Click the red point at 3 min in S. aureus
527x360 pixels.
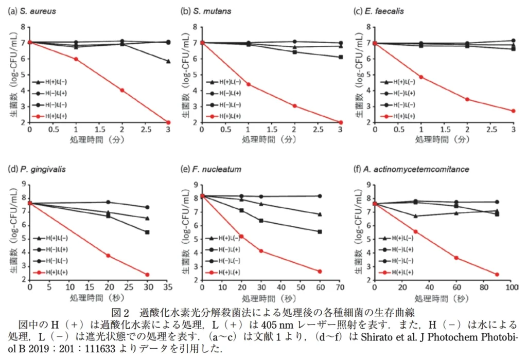pos(168,122)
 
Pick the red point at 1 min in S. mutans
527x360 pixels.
pos(249,84)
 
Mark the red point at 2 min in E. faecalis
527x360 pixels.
pos(467,99)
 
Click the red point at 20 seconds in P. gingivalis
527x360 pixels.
pos(108,256)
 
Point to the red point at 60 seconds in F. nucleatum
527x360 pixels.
pos(320,272)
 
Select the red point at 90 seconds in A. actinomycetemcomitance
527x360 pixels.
pos(497,275)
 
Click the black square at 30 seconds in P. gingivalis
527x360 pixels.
pos(147,232)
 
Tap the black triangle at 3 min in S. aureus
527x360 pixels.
pos(168,61)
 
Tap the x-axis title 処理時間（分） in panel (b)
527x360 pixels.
pos(272,139)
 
